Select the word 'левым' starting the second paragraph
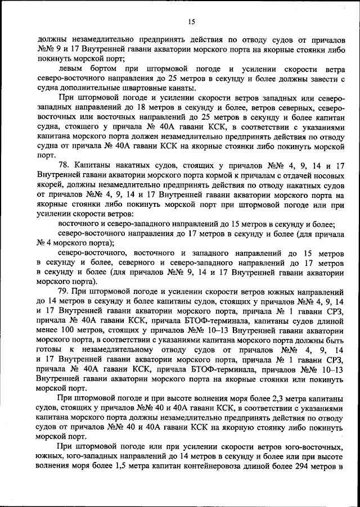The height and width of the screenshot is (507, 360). point(72,69)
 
